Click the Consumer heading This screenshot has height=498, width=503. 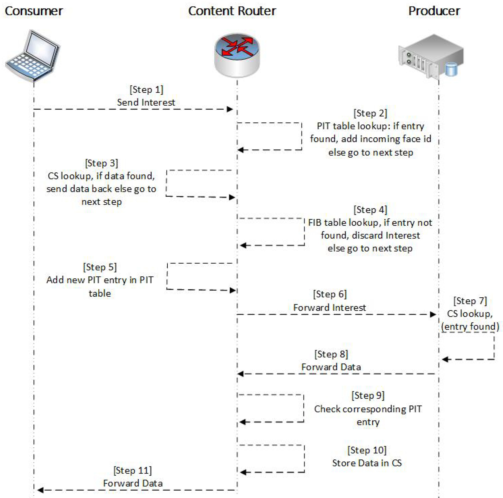pyautogui.click(x=34, y=11)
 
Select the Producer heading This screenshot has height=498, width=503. pyautogui.click(x=434, y=11)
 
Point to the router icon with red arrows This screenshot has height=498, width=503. pyautogui.click(x=237, y=55)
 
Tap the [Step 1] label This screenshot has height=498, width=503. pyautogui.click(x=146, y=90)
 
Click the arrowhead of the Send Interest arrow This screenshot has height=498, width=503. pyautogui.click(x=230, y=109)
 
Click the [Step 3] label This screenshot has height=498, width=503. pyautogui.click(x=102, y=163)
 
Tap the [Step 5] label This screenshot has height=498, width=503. pyautogui.click(x=100, y=267)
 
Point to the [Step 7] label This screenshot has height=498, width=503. pyautogui.click(x=470, y=301)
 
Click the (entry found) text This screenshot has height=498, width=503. pyautogui.click(x=470, y=327)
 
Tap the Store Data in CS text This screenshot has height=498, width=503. pyautogui.click(x=367, y=463)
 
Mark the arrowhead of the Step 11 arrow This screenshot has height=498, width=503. pyautogui.click(x=40, y=490)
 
